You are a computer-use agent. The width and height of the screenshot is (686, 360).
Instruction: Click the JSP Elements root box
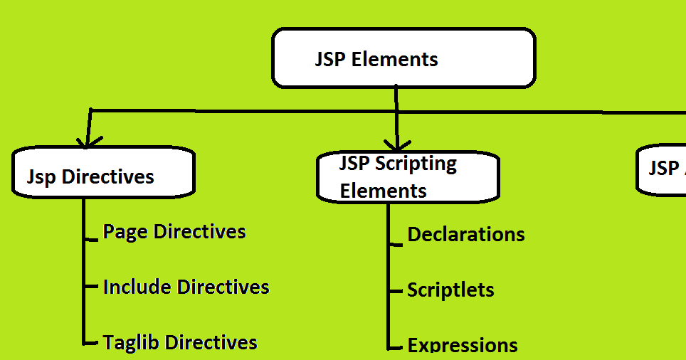pos(403,58)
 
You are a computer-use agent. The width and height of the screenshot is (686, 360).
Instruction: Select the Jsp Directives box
pos(103,172)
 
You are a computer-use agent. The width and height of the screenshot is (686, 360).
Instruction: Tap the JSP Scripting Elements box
pos(408,177)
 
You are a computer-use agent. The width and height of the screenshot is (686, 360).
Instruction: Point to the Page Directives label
pos(174,232)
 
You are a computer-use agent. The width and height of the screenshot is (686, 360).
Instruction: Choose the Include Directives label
pos(186,287)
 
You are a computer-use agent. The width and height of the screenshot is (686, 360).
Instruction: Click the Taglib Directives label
pos(180,343)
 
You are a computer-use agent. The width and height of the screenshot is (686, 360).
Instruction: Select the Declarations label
pos(466,235)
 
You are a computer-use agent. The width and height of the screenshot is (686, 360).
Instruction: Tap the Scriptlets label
pos(450,290)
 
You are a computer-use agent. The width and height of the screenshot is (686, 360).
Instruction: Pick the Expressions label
pos(463,346)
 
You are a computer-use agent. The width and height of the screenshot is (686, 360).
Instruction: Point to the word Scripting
pos(416,164)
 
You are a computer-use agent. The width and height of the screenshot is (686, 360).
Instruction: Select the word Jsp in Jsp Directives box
pos(43,176)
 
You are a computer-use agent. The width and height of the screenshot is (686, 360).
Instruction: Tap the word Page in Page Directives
pos(126,232)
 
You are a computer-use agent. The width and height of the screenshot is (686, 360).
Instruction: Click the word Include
pos(138,287)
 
